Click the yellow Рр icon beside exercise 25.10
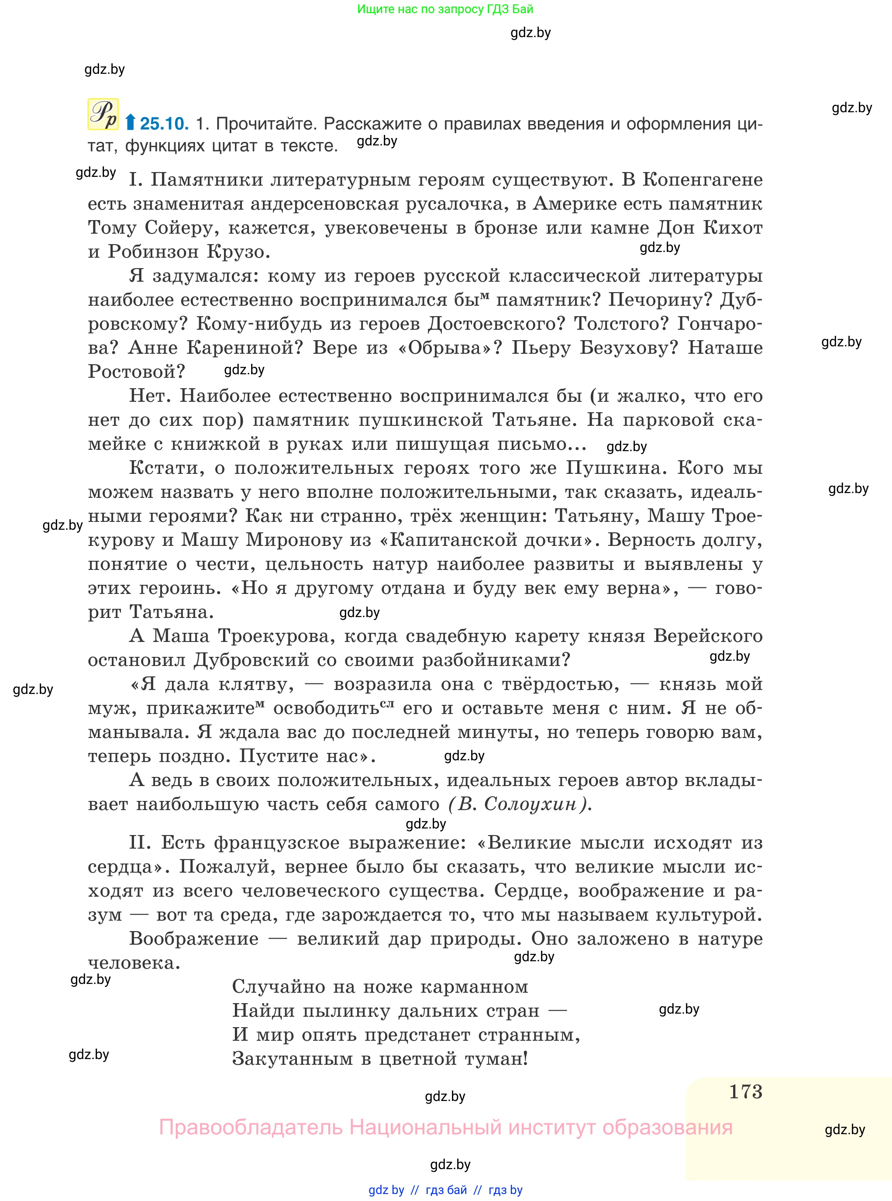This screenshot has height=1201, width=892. tap(103, 114)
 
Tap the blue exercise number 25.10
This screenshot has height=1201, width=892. tap(164, 124)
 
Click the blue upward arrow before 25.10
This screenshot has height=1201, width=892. tap(130, 123)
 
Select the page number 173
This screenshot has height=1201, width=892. tap(745, 1091)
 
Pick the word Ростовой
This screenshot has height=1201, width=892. tap(136, 372)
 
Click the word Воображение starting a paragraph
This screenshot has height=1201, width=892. tap(194, 939)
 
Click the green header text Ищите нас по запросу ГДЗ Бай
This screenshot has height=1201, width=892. tap(445, 9)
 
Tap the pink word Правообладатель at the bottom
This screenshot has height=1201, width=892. tap(251, 1127)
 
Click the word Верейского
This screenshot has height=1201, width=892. tap(707, 636)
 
